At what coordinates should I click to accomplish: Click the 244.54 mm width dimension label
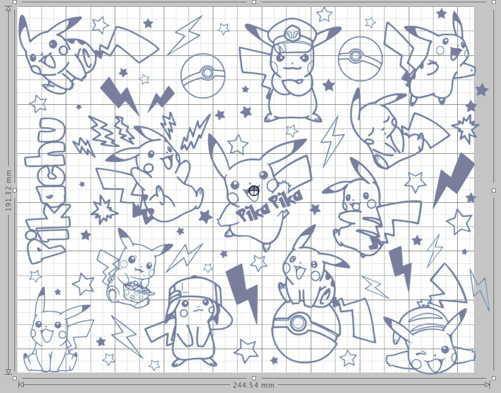click(x=253, y=385)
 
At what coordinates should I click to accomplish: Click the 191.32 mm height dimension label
click(x=8, y=190)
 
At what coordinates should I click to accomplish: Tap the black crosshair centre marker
click(x=254, y=191)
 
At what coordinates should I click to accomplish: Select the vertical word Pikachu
click(x=47, y=191)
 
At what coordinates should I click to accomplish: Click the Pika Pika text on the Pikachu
click(x=269, y=205)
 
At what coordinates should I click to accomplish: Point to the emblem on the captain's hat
click(x=291, y=34)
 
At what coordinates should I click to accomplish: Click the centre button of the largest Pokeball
click(x=299, y=323)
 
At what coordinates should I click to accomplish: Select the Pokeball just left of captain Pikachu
click(x=203, y=75)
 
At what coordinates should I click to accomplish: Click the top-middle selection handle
click(x=254, y=2)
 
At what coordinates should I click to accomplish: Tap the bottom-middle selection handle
click(x=254, y=379)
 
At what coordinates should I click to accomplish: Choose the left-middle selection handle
click(x=14, y=190)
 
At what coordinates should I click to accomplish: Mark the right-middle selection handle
click(x=494, y=190)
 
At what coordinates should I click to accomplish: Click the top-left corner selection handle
click(x=14, y=2)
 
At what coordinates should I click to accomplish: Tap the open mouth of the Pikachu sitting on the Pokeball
click(x=300, y=273)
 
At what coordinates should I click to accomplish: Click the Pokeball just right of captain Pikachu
click(x=360, y=59)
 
